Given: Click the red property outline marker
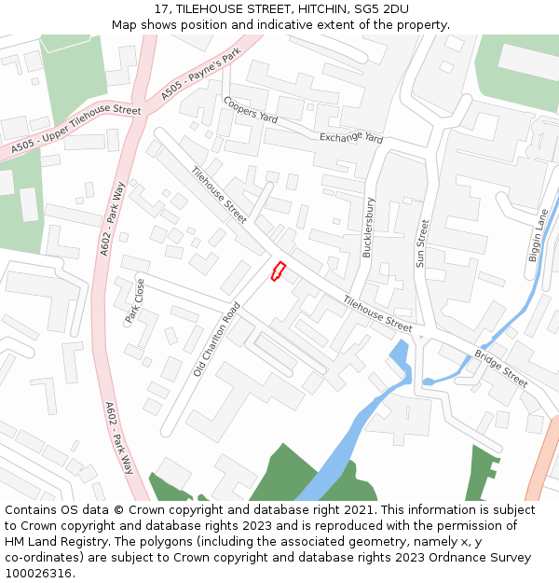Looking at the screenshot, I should pos(277,271).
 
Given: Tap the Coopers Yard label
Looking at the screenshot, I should pos(251,110).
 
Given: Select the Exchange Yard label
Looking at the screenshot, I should pos(351,138).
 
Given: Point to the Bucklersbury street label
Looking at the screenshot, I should pos(368,228).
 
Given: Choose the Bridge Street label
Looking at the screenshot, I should pos(500,369).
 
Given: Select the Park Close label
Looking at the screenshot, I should pos(135,301).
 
